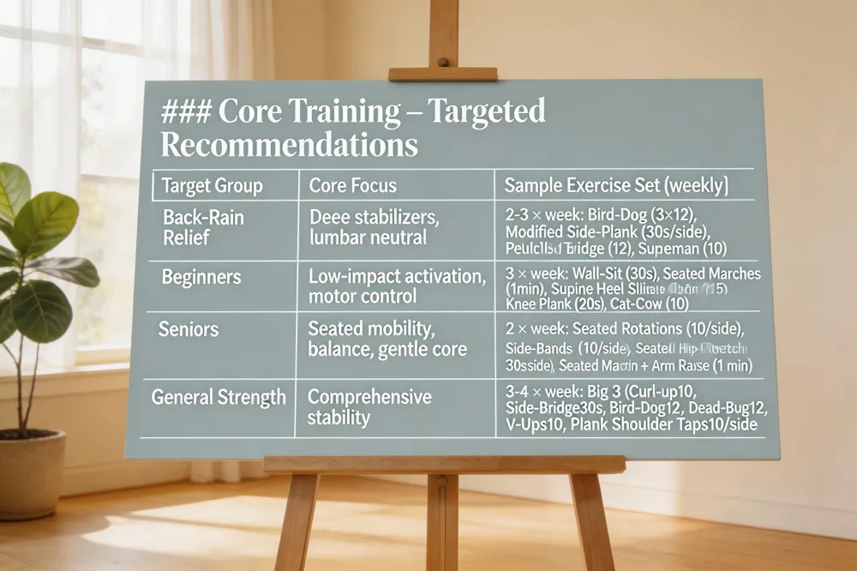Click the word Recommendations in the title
pyautogui.click(x=290, y=144)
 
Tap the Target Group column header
pyautogui.click(x=213, y=186)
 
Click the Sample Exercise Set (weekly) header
pyautogui.click(x=616, y=185)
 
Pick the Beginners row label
pyautogui.click(x=201, y=278)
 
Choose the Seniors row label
pyautogui.click(x=188, y=329)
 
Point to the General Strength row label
pyautogui.click(x=219, y=397)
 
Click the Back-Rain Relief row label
pyautogui.click(x=203, y=226)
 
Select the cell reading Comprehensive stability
pyautogui.click(x=369, y=407)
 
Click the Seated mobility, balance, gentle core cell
pyautogui.click(x=387, y=339)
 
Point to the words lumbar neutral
pyautogui.click(x=368, y=237)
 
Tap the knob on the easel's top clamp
pyautogui.click(x=443, y=61)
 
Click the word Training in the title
pyautogui.click(x=339, y=111)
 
